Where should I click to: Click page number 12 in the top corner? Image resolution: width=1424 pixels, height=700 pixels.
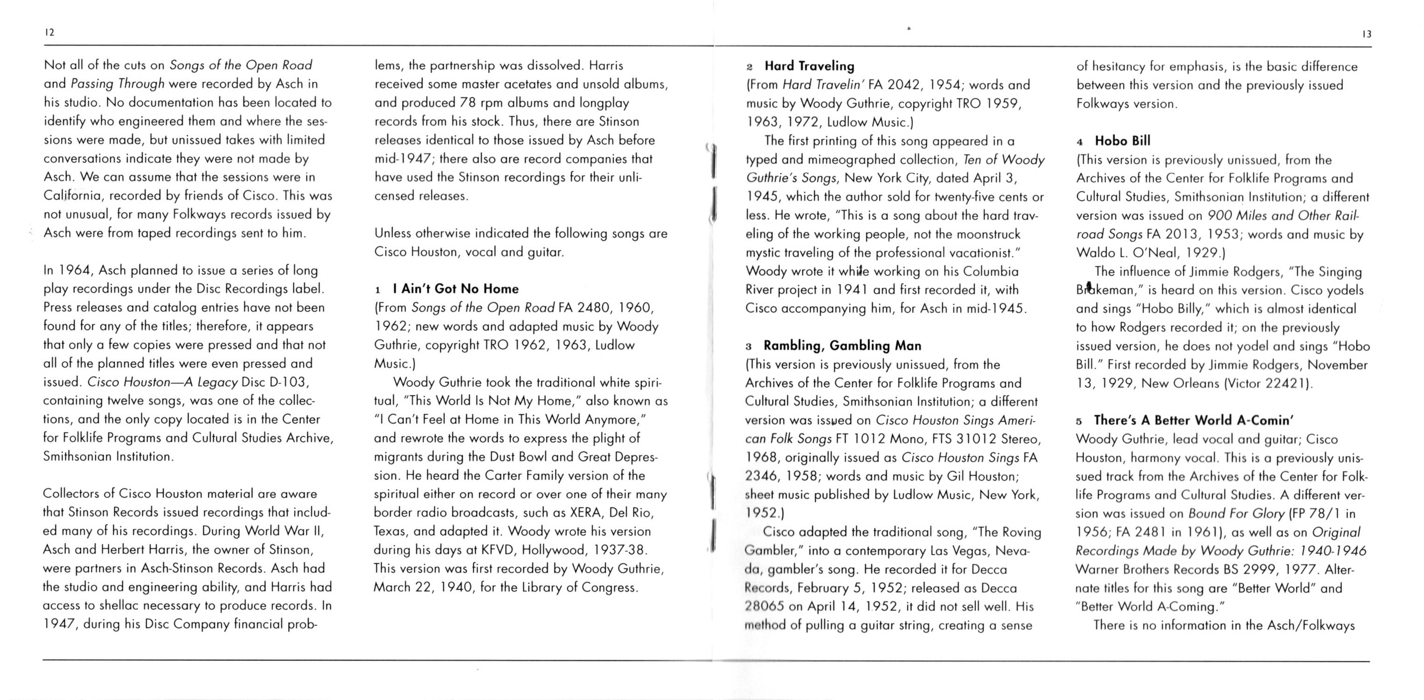[49, 33]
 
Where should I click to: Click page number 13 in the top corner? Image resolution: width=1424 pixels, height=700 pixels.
[1367, 34]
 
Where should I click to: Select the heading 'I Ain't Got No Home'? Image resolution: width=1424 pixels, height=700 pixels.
[456, 288]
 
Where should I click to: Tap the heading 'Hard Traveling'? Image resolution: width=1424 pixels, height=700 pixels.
[809, 66]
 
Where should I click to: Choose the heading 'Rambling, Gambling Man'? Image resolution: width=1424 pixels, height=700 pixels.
[842, 346]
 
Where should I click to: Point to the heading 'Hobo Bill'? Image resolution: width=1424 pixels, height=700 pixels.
[1122, 141]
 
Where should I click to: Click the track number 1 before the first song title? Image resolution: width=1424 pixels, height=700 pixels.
[378, 290]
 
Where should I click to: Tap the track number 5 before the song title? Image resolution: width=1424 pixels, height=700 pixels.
[1079, 421]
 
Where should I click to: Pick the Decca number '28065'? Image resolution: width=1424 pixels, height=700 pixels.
[764, 607]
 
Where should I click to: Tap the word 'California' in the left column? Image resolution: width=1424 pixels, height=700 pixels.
[72, 196]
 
